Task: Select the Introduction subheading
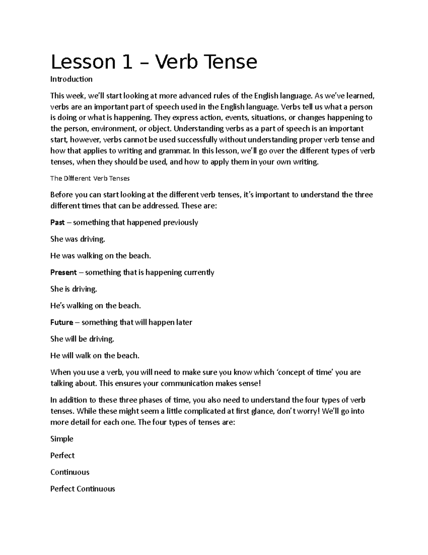click(71, 79)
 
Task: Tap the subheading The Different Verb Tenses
click(90, 178)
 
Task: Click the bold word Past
click(57, 222)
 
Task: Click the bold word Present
click(63, 272)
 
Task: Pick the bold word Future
click(62, 322)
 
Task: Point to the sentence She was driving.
click(78, 239)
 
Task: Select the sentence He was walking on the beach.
click(101, 256)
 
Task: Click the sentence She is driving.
click(74, 289)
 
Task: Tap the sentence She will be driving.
click(82, 339)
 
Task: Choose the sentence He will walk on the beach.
click(95, 356)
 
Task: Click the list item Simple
click(62, 438)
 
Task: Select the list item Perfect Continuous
click(82, 489)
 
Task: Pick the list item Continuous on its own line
click(70, 472)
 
